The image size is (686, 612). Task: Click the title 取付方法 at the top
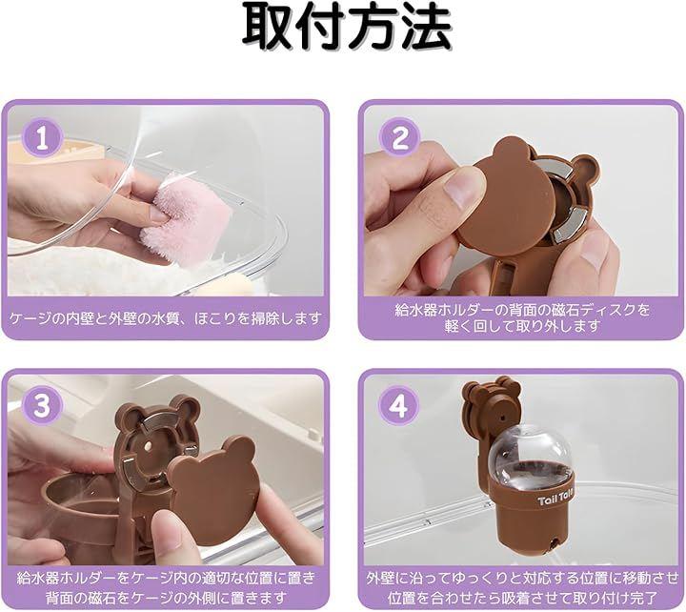click(x=347, y=27)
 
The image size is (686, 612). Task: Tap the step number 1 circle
click(x=42, y=139)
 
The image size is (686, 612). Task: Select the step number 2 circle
click(x=399, y=139)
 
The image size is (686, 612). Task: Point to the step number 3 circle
click(x=42, y=406)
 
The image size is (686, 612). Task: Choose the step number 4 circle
click(x=399, y=406)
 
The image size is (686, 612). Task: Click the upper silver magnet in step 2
click(x=554, y=167)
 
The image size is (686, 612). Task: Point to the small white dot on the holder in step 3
click(x=149, y=447)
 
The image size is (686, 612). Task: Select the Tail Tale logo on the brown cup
click(x=555, y=499)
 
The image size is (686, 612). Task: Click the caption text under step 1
click(x=166, y=318)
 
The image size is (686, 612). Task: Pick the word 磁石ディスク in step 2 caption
click(x=593, y=311)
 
